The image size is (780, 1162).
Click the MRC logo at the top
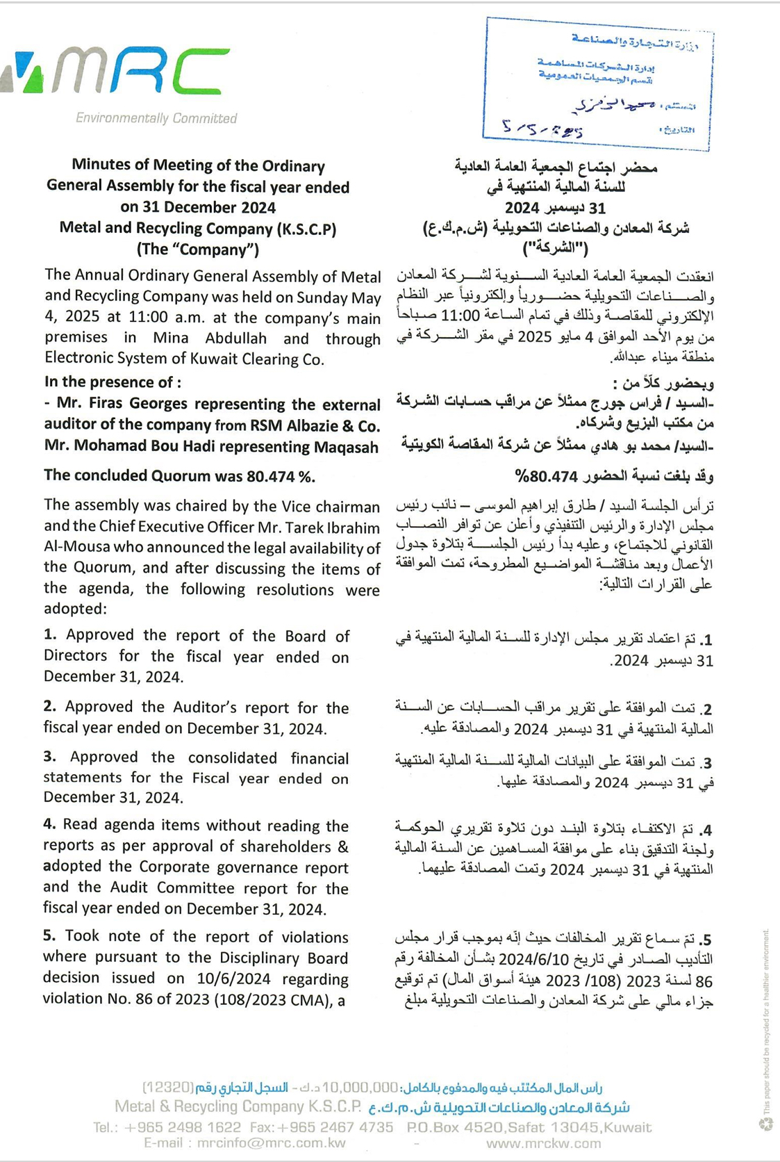(x=118, y=71)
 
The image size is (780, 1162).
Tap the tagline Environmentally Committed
(x=156, y=118)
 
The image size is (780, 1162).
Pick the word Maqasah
(x=345, y=448)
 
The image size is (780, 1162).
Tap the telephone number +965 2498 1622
(x=183, y=1127)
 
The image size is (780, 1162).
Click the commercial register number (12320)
(x=168, y=1087)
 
